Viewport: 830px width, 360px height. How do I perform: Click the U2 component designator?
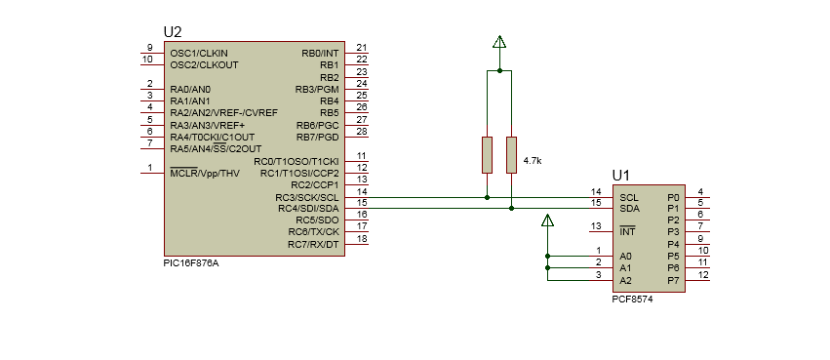173,33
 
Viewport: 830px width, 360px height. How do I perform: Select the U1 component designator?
620,176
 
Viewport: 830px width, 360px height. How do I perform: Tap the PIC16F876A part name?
191,262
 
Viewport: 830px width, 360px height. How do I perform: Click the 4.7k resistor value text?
533,159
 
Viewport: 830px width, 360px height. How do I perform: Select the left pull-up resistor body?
487,154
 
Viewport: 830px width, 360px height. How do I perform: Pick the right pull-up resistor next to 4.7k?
511,154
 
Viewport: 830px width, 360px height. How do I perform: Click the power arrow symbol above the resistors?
499,43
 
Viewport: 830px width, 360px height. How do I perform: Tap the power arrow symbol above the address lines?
547,220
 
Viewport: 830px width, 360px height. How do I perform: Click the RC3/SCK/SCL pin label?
308,196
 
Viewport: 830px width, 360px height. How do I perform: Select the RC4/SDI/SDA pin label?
308,208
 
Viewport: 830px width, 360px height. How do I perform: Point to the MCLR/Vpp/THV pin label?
205,173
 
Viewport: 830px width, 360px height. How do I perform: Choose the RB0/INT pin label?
320,52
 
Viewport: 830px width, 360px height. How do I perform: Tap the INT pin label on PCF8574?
627,231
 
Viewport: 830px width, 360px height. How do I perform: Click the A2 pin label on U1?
625,280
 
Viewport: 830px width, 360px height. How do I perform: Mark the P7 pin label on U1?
672,280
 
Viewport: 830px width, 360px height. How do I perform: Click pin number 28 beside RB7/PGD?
361,131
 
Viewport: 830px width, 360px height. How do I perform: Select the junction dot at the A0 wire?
547,256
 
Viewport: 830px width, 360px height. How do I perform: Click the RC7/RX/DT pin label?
313,244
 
